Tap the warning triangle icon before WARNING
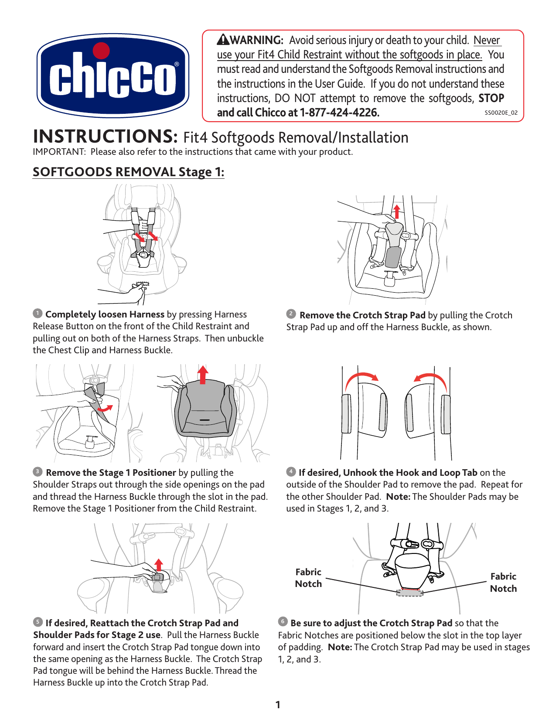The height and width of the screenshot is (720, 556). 223,40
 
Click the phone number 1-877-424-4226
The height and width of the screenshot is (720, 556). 339,113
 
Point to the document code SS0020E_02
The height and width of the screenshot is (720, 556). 501,113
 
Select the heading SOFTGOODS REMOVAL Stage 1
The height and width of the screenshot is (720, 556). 129,172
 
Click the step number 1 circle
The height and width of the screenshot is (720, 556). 38,313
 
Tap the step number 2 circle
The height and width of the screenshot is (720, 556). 291,314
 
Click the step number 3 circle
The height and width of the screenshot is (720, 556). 38,471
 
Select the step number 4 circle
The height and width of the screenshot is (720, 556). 291,471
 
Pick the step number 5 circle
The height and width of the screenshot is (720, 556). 38,622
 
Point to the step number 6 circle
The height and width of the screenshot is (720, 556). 283,621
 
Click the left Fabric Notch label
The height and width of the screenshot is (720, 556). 308,578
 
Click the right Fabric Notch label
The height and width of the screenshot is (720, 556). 503,582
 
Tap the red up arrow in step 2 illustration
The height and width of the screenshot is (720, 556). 396,212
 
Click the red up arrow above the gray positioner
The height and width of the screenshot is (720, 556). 202,375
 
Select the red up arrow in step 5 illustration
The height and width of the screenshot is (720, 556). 159,564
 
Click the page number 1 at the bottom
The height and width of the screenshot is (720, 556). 278,704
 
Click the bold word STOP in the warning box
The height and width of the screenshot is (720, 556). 491,98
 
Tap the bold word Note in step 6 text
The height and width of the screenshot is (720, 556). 339,647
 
